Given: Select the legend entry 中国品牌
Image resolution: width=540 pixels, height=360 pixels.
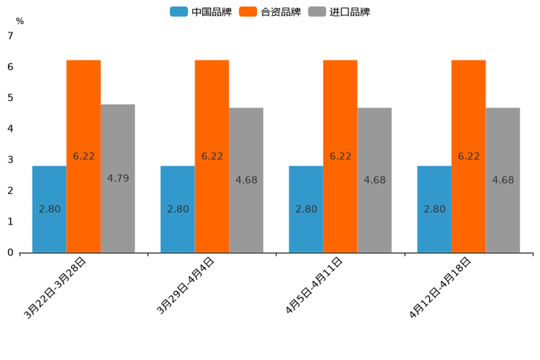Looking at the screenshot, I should pos(201,12).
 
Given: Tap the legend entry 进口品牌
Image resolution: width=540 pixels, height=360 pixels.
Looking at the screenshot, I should pos(339,12).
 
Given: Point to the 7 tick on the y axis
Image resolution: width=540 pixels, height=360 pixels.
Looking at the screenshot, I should pos(10,36).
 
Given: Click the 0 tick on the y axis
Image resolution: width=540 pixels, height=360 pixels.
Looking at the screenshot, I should pos(10,253).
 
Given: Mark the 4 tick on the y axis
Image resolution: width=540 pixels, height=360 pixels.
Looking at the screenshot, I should pos(10,128).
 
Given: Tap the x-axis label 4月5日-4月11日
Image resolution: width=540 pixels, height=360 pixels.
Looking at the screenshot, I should pos(314,287).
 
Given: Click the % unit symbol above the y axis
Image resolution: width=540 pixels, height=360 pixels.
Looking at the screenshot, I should pos(20,21).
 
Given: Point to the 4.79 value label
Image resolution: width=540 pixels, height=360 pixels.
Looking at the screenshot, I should pos(118,179).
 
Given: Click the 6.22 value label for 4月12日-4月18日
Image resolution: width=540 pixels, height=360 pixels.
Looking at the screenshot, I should pos(468,156).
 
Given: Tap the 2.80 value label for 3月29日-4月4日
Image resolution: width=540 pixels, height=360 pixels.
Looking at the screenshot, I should pos(178,209).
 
